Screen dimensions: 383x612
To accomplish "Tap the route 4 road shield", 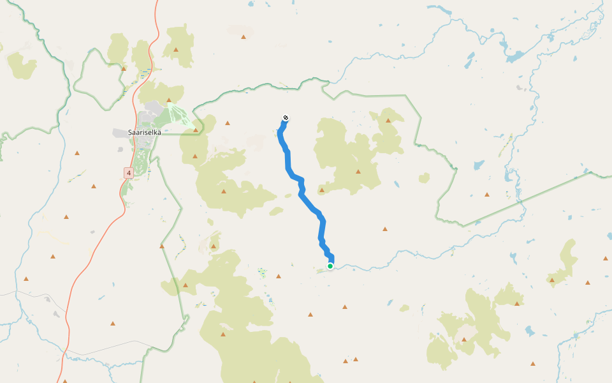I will [x=128, y=172].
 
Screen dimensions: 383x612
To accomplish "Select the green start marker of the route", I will [x=330, y=266].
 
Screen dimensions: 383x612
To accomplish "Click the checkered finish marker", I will [x=286, y=118].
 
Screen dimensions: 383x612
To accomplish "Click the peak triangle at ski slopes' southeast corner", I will [x=196, y=130].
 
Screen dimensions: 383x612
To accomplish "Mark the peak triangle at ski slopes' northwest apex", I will [x=168, y=100].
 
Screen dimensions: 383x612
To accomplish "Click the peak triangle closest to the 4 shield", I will [x=94, y=186].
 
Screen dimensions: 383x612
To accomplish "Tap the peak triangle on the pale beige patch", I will [x=244, y=36].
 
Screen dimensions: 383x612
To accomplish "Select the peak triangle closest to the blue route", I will [x=322, y=190].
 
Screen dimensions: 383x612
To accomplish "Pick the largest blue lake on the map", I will [x=514, y=56].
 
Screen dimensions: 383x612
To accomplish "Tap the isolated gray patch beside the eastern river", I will [x=521, y=87].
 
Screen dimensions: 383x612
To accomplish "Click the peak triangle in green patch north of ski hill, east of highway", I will [x=176, y=49].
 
